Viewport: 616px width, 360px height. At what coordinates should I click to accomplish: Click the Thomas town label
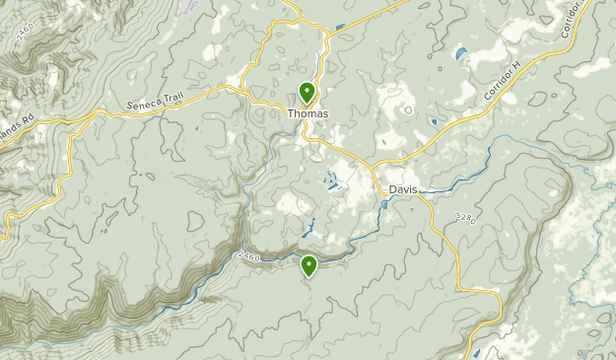click(308, 114)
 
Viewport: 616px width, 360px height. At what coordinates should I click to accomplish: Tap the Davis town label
click(403, 189)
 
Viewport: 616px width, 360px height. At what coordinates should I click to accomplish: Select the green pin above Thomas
click(308, 93)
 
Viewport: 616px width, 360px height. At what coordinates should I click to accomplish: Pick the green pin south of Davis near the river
click(309, 264)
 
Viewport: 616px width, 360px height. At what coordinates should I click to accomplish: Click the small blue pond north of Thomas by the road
click(340, 26)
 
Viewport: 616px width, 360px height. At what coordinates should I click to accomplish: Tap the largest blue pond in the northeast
click(459, 52)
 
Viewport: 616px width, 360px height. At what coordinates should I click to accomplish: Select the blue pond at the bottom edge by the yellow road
click(477, 352)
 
